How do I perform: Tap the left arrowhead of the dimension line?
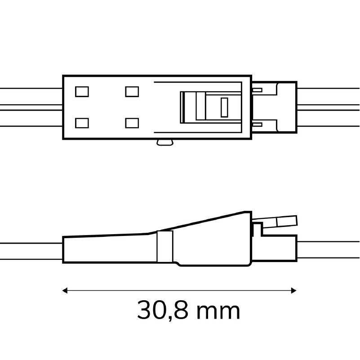pyautogui.click(x=65, y=290)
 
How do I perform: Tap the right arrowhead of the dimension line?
pyautogui.click(x=293, y=290)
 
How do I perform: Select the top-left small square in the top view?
pyautogui.click(x=82, y=92)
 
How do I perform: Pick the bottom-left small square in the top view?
pyautogui.click(x=82, y=123)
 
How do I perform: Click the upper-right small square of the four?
pyautogui.click(x=132, y=92)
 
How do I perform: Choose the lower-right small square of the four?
pyautogui.click(x=132, y=123)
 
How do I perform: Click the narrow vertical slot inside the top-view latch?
pyautogui.click(x=224, y=107)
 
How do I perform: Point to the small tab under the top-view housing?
pyautogui.click(x=165, y=142)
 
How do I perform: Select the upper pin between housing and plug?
pyautogui.click(x=258, y=90)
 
